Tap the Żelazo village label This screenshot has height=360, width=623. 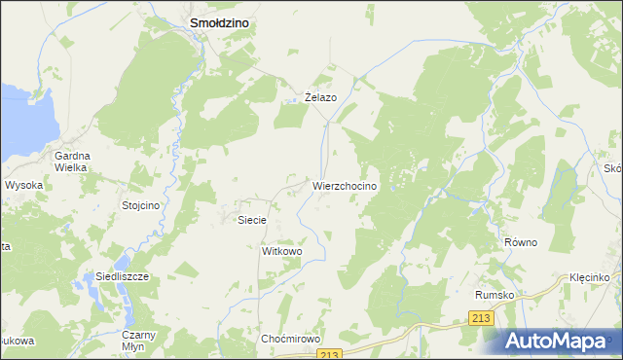(320, 97)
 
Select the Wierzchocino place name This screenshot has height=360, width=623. (351, 185)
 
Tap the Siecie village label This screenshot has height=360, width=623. (253, 220)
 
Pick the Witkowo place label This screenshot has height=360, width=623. (282, 251)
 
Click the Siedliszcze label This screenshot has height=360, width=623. (122, 276)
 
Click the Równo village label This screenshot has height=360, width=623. (521, 242)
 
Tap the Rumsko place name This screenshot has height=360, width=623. (493, 294)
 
